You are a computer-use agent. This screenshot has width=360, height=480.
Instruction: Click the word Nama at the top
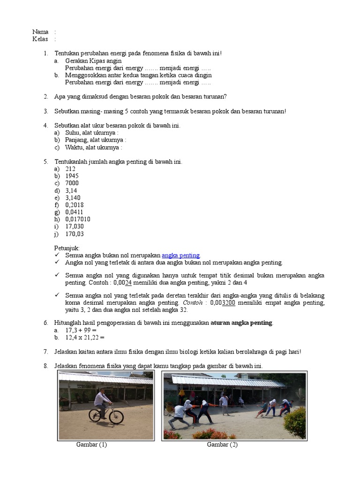(40, 32)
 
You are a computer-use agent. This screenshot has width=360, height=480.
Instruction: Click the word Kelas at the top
(40, 39)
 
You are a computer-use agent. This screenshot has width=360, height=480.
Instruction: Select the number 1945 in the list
(73, 176)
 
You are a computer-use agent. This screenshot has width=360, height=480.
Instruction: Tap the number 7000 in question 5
(72, 183)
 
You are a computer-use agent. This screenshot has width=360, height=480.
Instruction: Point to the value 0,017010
(78, 219)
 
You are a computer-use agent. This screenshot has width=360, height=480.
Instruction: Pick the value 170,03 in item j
(75, 234)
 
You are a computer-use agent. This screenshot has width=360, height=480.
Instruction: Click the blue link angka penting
(181, 255)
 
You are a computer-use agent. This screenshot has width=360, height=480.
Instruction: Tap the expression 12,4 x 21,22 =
(85, 337)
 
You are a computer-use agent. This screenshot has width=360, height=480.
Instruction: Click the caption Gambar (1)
(91, 445)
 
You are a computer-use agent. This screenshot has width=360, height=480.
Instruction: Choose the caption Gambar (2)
(222, 445)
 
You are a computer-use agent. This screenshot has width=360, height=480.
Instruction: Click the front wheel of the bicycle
(116, 417)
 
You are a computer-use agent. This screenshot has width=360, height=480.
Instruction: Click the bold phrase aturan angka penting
(241, 323)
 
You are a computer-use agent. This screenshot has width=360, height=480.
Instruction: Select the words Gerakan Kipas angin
(93, 61)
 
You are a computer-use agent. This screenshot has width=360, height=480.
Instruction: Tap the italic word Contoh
(193, 303)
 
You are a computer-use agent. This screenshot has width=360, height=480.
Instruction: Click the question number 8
(46, 366)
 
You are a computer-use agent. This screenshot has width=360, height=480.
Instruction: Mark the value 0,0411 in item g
(74, 212)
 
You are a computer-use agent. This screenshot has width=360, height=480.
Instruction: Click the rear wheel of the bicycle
(95, 415)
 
